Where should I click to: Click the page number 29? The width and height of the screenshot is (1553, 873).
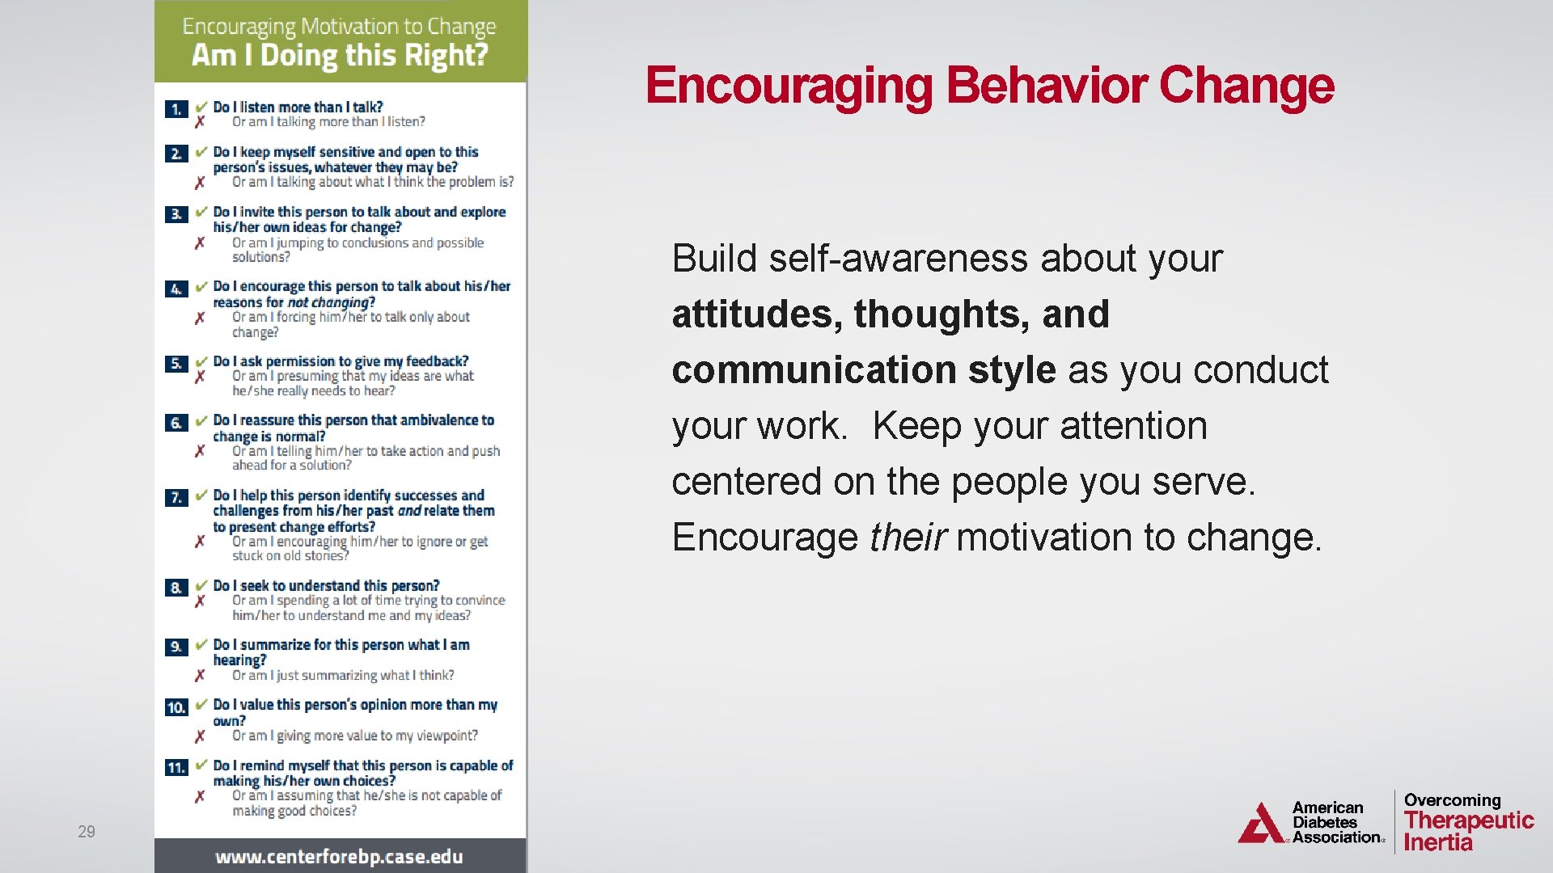point(87,831)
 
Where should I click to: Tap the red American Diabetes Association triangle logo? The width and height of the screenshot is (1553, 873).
point(1260,824)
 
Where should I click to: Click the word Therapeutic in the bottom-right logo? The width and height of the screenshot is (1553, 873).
point(1469,820)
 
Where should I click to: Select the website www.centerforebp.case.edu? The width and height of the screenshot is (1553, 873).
point(339,857)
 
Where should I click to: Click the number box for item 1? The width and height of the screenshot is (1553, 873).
point(176,109)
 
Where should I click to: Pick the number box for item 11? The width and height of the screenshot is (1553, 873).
point(176,767)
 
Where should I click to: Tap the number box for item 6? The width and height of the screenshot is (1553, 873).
point(176,423)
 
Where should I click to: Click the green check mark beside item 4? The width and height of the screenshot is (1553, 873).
point(201,286)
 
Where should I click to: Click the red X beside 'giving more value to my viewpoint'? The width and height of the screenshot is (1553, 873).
point(200,736)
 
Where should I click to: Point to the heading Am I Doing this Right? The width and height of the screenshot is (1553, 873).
point(340,55)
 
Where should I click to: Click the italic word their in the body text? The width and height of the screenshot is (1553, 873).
point(908,538)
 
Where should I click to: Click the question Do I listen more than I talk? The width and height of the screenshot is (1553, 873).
point(298,107)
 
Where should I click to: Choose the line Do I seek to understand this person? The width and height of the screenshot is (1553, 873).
point(326,585)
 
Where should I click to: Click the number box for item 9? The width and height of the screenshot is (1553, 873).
point(176,647)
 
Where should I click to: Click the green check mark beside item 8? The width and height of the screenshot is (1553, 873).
point(201,585)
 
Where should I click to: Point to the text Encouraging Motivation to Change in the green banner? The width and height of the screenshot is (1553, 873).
point(339,27)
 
